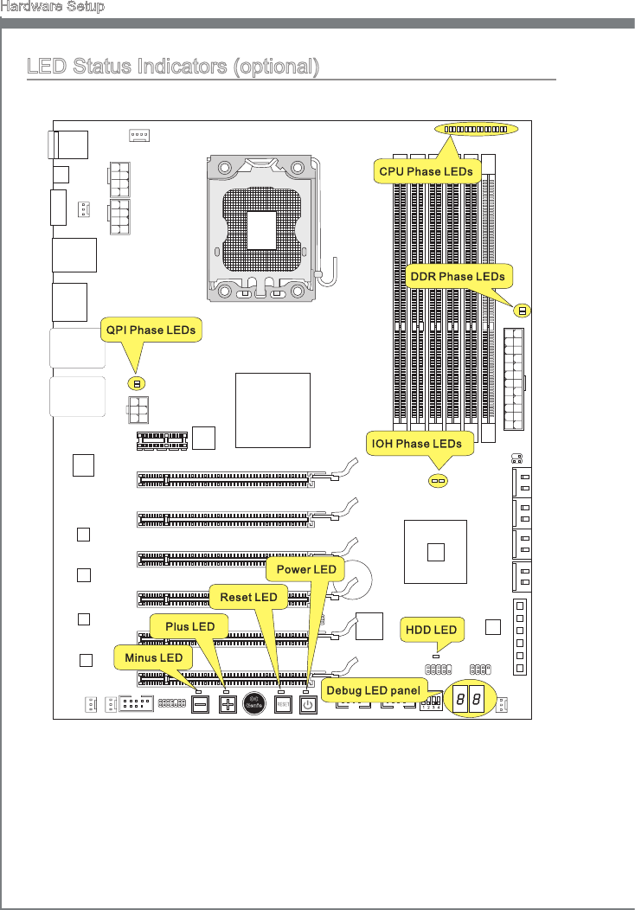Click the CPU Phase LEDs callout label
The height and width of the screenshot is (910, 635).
428,171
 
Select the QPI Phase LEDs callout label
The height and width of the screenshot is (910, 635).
151,330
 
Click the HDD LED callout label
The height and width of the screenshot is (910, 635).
433,629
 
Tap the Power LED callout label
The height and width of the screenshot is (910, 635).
306,569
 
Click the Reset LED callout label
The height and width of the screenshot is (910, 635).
248,597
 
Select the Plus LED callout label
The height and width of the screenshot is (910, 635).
189,626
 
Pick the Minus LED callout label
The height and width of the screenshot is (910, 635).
153,657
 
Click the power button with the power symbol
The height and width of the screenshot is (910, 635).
309,704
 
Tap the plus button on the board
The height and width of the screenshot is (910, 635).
228,704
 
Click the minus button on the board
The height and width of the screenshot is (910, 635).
201,704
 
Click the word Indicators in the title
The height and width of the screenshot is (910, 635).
179,67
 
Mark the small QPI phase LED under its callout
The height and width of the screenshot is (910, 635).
136,382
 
